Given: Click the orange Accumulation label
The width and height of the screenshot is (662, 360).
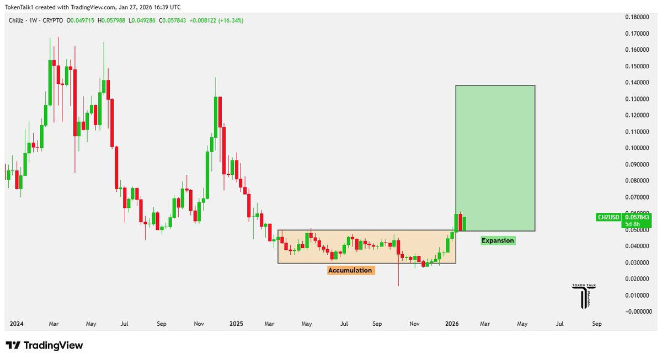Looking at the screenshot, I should pos(350,270).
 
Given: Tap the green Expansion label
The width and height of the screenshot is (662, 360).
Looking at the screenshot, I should pos(498,240).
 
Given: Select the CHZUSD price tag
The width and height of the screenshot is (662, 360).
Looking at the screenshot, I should pos(608,217).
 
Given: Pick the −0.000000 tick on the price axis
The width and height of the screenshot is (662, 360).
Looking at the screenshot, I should pos(638,311).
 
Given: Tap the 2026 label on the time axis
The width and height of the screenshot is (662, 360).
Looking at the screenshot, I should pos(452,324).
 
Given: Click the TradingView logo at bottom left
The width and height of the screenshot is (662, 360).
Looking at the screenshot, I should pos(44,346).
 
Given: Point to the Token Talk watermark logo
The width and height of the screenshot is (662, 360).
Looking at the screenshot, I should pos(584,295).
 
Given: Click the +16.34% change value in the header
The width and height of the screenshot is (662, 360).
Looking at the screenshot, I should pos(232,20).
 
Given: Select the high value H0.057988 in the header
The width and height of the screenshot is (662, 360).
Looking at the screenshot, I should pos(124,20).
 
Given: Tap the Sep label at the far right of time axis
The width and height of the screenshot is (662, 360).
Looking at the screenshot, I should pos(597,324).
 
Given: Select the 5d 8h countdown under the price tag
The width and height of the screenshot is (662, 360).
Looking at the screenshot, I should pos(632,224).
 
